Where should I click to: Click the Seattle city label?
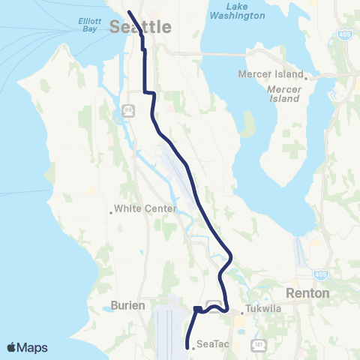point(140,27)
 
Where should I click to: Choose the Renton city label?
point(307,293)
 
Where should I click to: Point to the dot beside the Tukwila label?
point(241,312)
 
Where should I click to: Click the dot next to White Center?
point(111,212)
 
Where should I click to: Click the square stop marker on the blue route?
point(196,309)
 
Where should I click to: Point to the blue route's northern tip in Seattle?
point(128,12)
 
